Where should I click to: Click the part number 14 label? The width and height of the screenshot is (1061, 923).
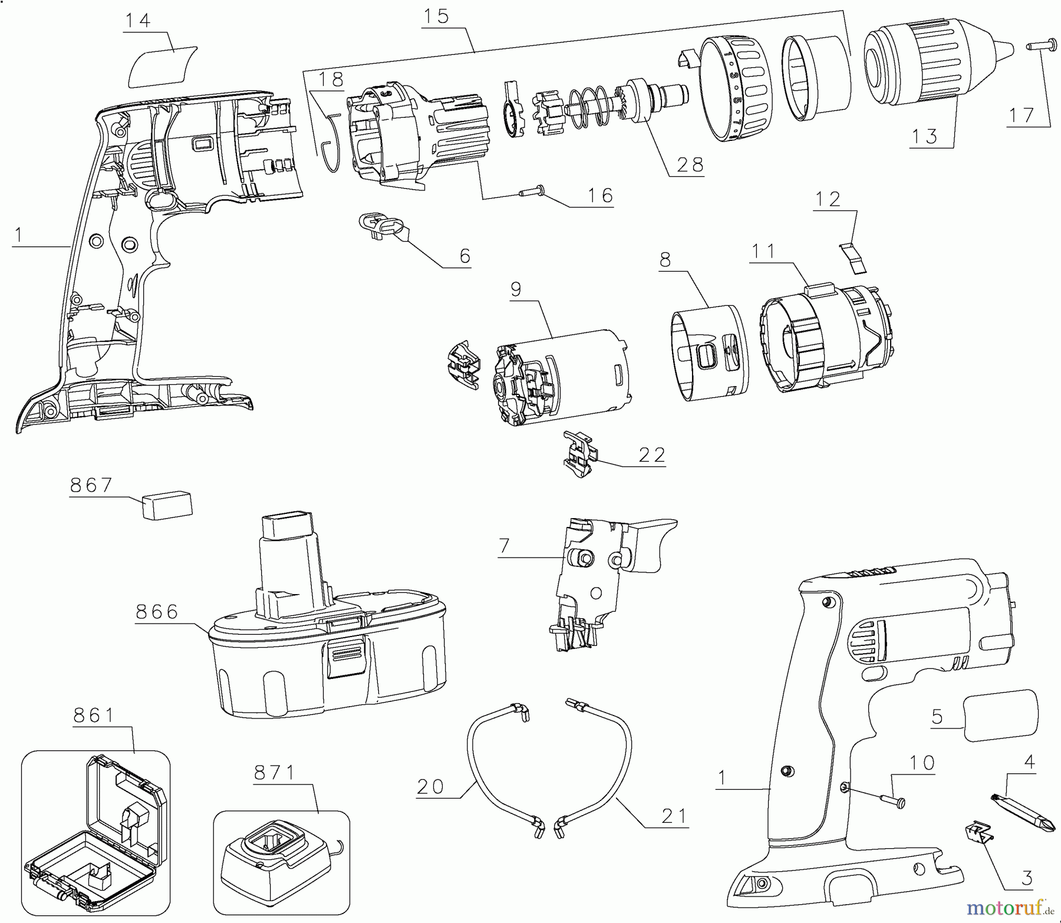137,21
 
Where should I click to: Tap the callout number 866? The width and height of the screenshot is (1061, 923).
157,612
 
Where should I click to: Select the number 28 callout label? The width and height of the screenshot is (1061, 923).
690,164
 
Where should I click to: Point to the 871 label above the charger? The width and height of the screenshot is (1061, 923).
275,773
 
